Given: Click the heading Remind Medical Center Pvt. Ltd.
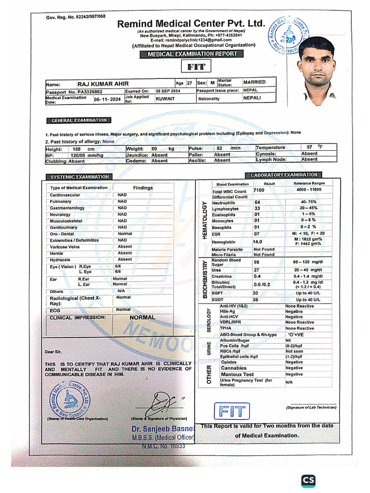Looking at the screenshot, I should pos(191,24).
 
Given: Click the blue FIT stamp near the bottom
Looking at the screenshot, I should pos(233,412).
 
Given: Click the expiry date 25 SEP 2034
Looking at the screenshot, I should pos(168,91).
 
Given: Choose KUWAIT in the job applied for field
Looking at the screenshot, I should pos(165,99).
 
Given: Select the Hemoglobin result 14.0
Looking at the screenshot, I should pos(257,242).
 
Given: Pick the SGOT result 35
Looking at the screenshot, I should pos(256,299).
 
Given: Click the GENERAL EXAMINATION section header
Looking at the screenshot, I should pos(78,120).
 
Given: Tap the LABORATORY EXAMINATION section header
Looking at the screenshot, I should pos(284,175).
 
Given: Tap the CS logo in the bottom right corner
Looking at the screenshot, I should pos(310,480).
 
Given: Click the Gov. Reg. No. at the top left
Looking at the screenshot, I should pos(76,17).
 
